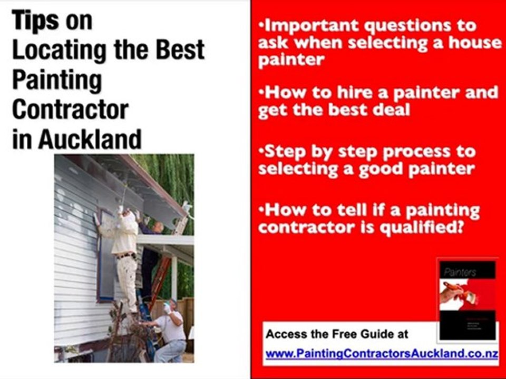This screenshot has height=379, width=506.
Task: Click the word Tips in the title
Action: pos(35,21)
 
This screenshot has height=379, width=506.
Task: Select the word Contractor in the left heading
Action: pos(70,109)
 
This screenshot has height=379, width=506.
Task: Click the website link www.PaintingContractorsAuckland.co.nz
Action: pos(381,354)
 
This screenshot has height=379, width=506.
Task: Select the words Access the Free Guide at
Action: pos(337,334)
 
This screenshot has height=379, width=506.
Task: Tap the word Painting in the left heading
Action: pos(56,80)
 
